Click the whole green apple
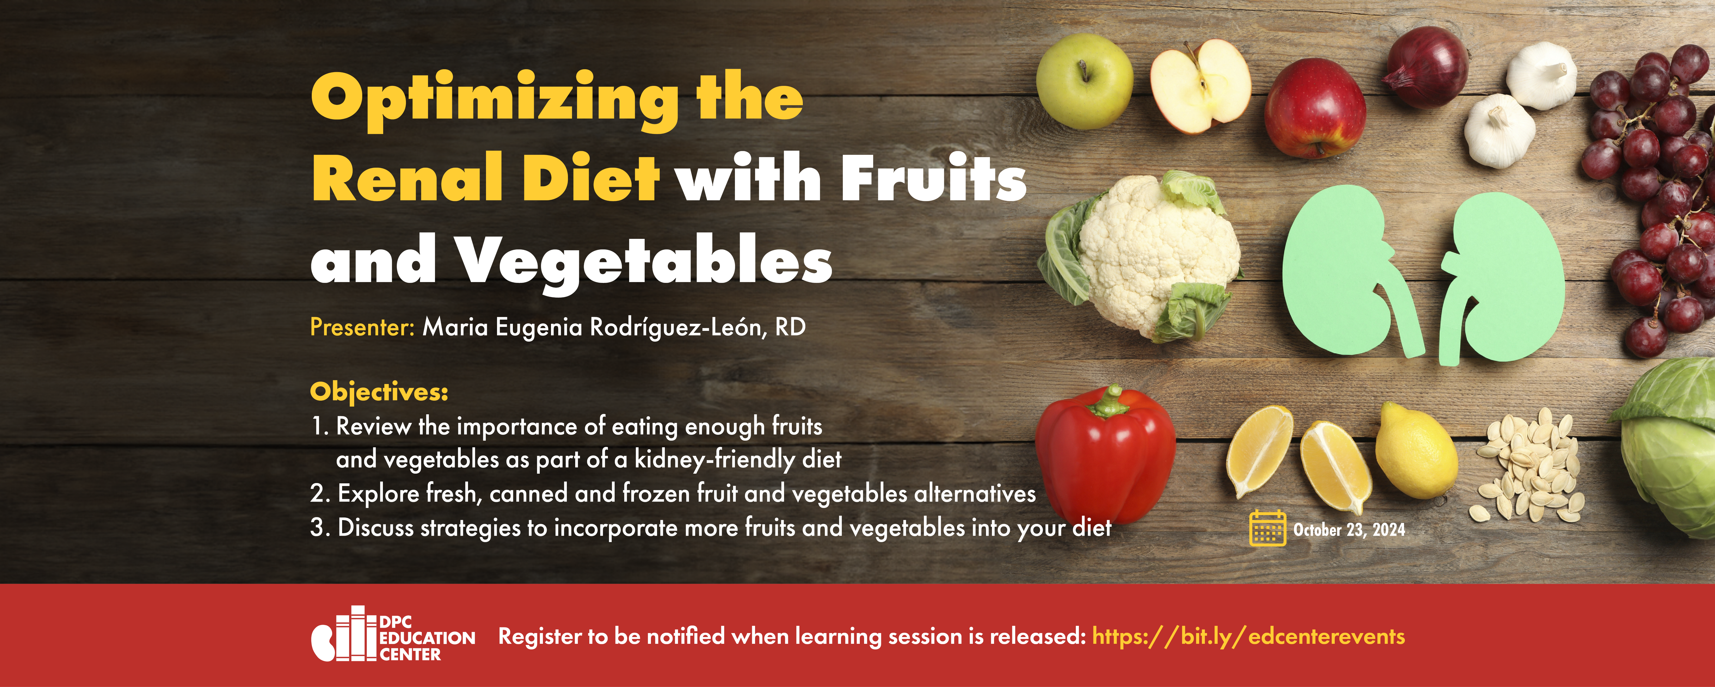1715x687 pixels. (1085, 81)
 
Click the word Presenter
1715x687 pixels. (362, 327)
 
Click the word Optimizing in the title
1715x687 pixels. (495, 100)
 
